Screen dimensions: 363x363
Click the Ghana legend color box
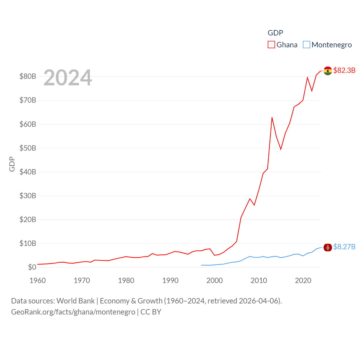(271, 45)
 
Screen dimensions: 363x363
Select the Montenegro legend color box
(307, 45)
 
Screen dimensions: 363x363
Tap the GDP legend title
(275, 33)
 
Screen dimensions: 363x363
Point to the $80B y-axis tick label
(28, 76)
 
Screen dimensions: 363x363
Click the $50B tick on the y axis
(28, 148)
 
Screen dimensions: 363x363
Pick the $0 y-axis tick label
(32, 267)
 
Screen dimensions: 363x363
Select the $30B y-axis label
(28, 196)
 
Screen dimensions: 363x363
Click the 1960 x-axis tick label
(38, 280)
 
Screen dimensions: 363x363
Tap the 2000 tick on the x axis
(215, 280)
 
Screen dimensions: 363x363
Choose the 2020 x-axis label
(303, 280)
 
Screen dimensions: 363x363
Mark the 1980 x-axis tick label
(126, 280)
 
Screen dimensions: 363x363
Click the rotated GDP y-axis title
(12, 164)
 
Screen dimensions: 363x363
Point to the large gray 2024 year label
(67, 77)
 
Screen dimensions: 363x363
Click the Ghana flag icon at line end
(328, 71)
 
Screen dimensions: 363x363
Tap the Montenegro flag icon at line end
(328, 247)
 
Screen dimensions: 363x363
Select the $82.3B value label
(344, 70)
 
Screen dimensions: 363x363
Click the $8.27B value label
(344, 247)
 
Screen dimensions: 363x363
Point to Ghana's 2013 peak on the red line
(272, 117)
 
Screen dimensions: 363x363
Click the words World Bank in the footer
(75, 301)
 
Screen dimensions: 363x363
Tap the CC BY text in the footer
(151, 312)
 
